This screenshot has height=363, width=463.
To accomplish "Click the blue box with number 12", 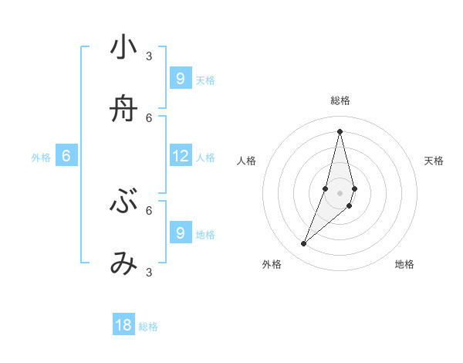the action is (x=181, y=156).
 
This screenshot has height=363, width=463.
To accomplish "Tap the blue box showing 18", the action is (x=123, y=325).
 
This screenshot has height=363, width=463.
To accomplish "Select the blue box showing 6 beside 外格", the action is (x=66, y=156).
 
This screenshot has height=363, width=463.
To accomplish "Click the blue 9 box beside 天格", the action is (x=181, y=79).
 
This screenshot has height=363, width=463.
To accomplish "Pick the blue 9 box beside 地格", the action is (x=181, y=232).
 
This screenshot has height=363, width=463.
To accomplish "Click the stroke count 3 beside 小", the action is (x=149, y=56).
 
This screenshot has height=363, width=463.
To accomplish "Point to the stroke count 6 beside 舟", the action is (x=149, y=117).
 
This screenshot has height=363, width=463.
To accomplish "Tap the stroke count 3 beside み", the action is (x=149, y=272).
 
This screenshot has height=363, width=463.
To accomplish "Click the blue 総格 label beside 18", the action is (x=148, y=327).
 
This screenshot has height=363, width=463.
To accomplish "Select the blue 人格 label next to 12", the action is (x=205, y=158).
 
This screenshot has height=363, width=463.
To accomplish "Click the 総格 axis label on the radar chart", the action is (x=340, y=100).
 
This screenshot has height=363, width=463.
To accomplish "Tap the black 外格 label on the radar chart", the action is (x=272, y=265).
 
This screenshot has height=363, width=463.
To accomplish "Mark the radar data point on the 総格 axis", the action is (x=340, y=131).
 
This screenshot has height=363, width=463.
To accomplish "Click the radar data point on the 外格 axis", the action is (x=304, y=244).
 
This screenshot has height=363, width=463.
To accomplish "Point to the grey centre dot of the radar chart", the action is (x=340, y=192).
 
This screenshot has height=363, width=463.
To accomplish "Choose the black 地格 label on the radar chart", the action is (x=404, y=265).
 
